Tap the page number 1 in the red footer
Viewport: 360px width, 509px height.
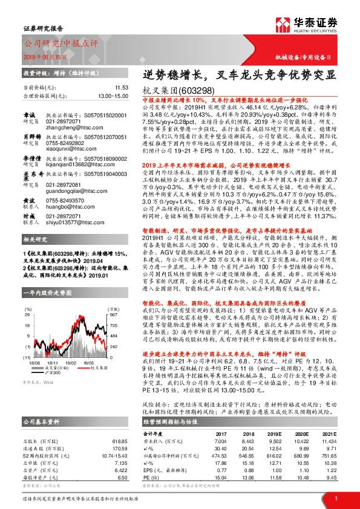(x=336, y=497)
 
